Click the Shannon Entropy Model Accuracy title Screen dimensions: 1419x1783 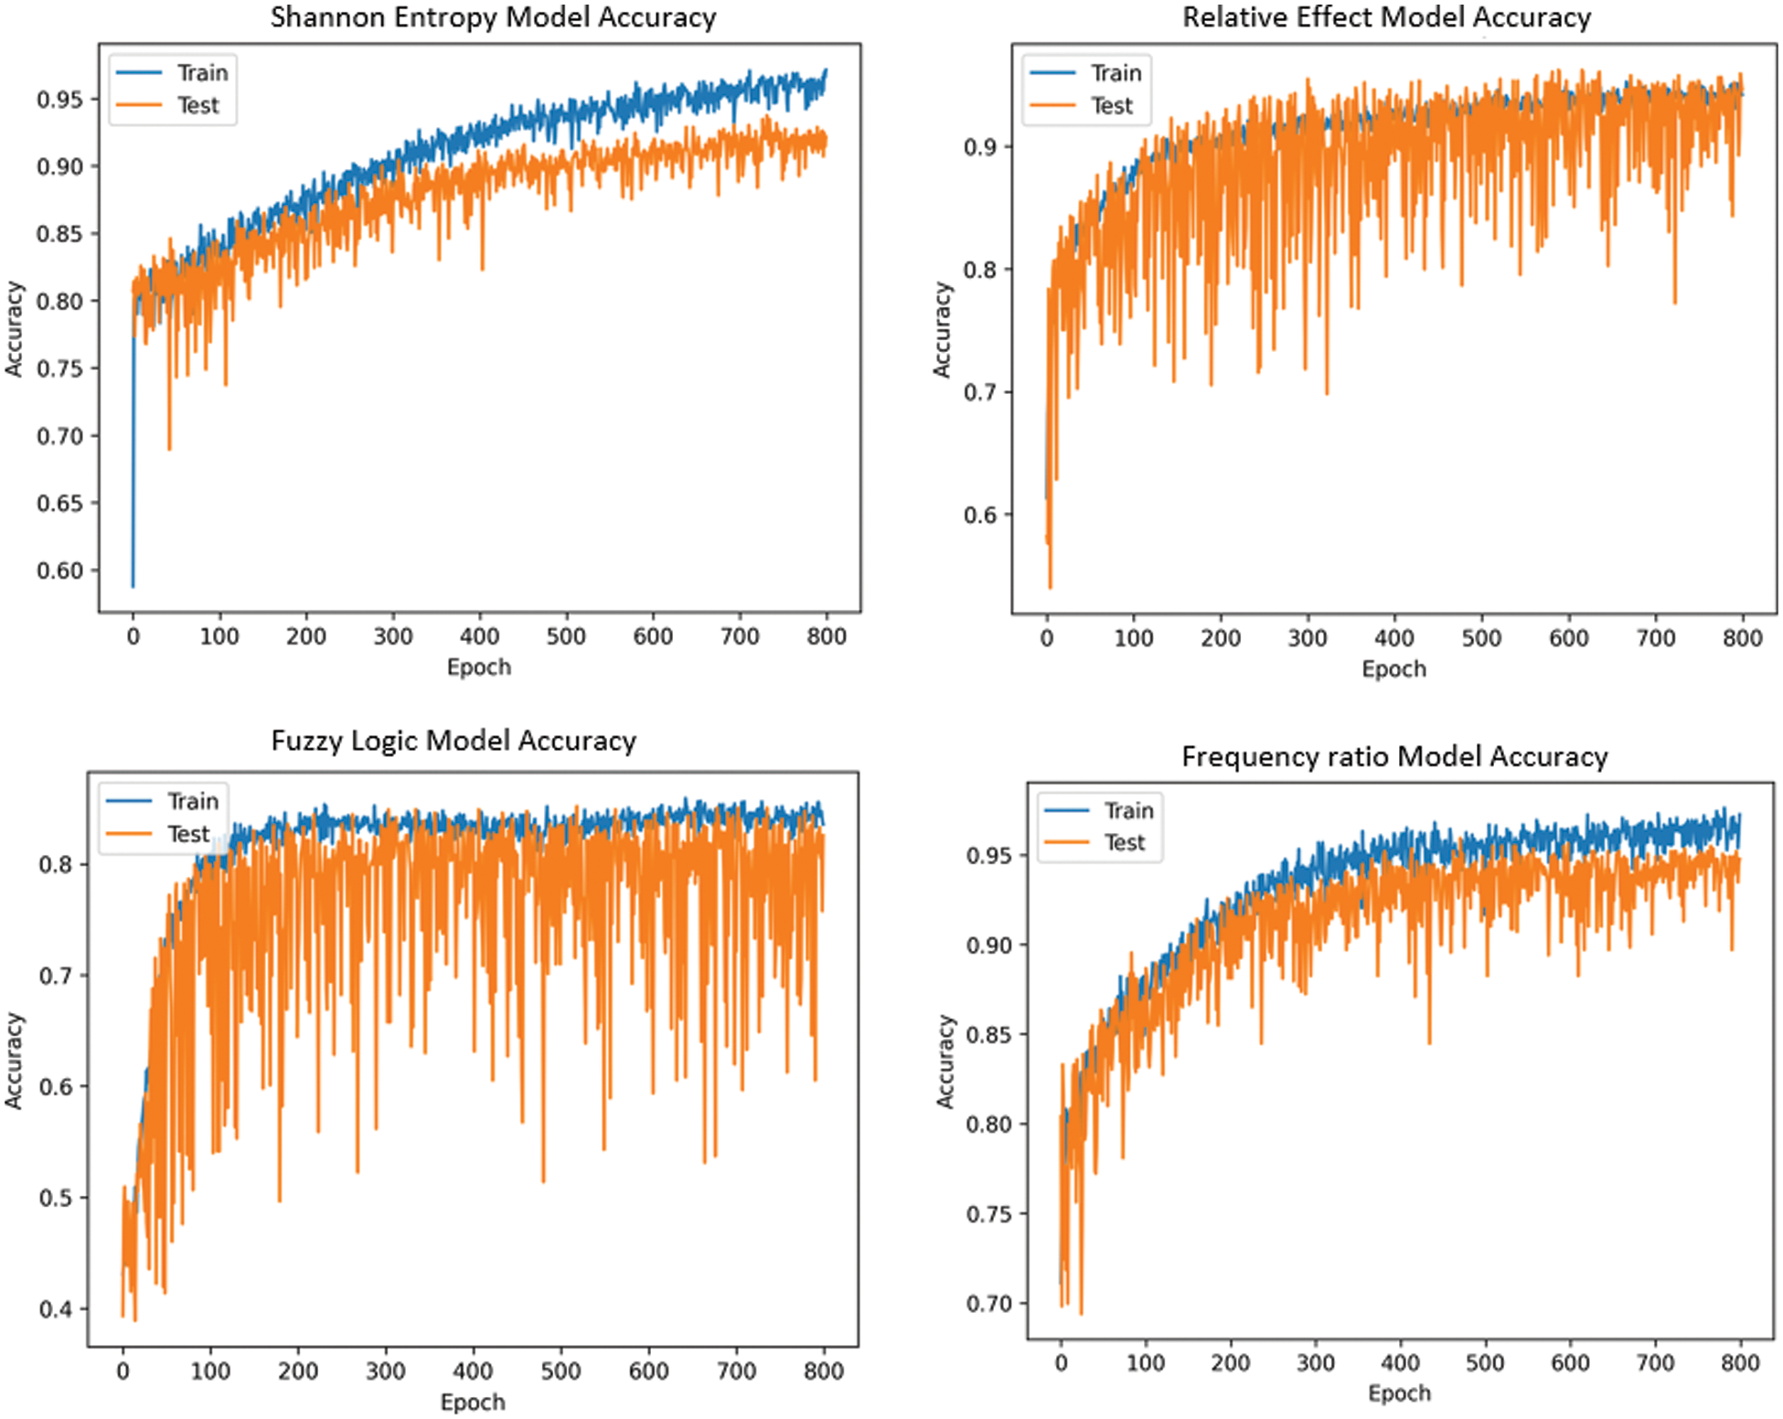click(x=493, y=17)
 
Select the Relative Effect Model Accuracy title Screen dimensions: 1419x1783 click(x=1386, y=17)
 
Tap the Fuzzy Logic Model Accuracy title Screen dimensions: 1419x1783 click(x=454, y=741)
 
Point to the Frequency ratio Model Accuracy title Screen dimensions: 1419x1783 click(x=1394, y=756)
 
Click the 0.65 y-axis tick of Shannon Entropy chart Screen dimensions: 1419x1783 click(x=59, y=503)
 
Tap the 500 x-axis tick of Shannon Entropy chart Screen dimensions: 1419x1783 click(x=566, y=636)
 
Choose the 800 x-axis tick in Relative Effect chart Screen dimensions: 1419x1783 click(x=1742, y=638)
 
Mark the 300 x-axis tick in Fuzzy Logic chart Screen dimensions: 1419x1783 click(x=385, y=1371)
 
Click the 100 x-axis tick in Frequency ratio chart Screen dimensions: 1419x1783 click(x=1145, y=1363)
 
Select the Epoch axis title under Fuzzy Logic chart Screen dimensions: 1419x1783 click(x=473, y=1403)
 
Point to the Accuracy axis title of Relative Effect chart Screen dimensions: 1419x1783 click(x=942, y=329)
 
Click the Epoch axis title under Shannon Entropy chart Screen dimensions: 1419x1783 click(x=478, y=667)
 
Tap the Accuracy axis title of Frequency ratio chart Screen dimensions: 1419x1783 click(x=945, y=1061)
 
